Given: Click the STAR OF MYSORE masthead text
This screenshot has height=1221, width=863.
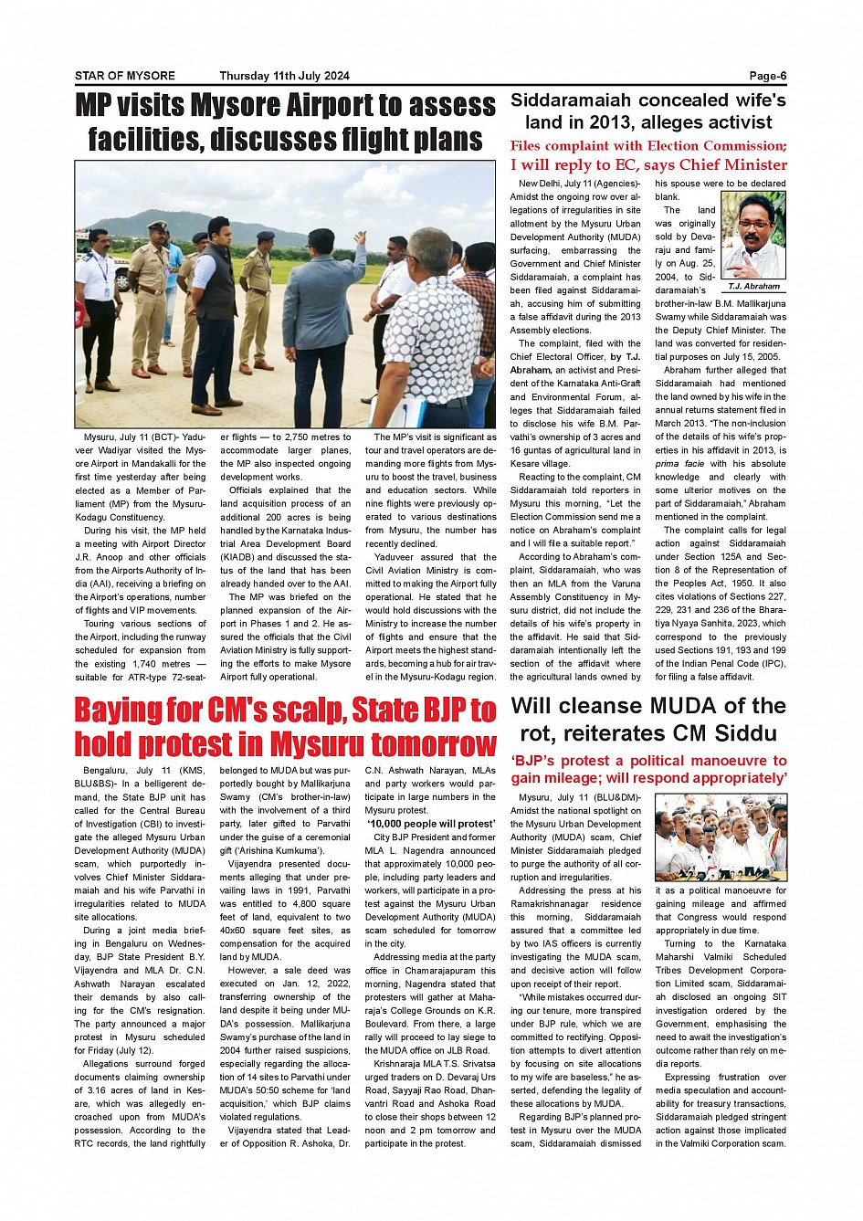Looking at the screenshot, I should pos(124,76).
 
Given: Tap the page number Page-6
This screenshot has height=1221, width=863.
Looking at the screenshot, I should pos(767,76).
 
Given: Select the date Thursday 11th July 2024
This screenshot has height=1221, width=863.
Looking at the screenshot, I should pos(284,76).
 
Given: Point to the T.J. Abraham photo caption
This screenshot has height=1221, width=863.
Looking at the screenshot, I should pos(753,286).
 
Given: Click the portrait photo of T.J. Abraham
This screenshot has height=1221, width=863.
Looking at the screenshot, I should pos(753,236).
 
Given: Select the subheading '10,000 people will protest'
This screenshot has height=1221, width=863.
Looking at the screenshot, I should pos(430,824).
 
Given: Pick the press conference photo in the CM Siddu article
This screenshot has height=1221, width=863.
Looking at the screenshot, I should pos(721,837).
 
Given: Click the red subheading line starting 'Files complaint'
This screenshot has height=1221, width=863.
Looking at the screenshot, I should pos(647,146).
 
